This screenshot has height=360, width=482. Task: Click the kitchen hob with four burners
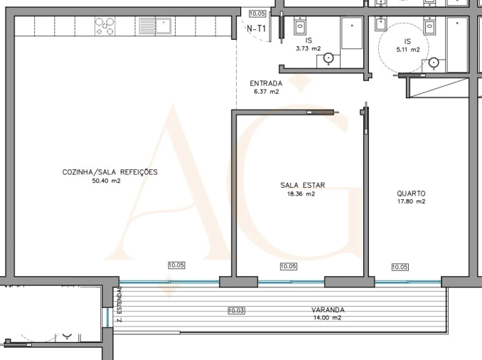(105, 27)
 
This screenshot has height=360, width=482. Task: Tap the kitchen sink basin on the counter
(147, 27)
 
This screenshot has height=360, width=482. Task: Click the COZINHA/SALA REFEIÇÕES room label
(110, 172)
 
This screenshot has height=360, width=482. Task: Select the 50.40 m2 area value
(107, 181)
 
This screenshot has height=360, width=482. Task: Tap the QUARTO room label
(411, 193)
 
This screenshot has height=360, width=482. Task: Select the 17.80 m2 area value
(411, 201)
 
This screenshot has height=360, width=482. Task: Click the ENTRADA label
(266, 83)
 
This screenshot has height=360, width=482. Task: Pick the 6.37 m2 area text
(266, 92)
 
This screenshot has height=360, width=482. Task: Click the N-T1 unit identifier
(257, 29)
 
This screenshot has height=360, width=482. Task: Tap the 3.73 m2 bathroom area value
(309, 49)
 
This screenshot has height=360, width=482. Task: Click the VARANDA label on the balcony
(328, 310)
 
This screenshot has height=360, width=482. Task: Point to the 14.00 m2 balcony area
(328, 319)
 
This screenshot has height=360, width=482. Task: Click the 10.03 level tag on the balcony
(237, 310)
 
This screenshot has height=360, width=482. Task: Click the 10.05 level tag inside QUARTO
(400, 267)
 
